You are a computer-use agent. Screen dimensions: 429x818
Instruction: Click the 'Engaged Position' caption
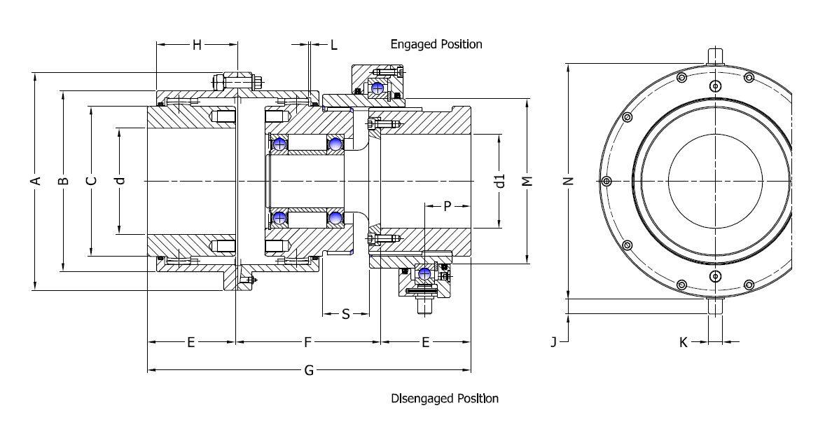(436, 44)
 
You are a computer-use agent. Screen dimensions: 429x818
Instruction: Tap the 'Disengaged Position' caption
(444, 398)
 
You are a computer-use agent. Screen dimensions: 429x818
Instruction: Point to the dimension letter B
(64, 181)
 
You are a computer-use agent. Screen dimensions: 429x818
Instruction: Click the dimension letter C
(91, 181)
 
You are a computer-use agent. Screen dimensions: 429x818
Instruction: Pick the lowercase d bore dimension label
(120, 181)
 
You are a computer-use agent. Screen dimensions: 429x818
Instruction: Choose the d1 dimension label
(499, 181)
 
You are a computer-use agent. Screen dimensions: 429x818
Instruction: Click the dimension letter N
(569, 181)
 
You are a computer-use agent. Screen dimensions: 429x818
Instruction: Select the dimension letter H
(197, 45)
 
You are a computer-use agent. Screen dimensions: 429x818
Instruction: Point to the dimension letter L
(333, 46)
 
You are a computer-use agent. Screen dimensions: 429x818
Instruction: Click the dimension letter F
(307, 342)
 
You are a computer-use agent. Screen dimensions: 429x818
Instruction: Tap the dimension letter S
(345, 315)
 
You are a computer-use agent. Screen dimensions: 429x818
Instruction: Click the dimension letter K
(683, 342)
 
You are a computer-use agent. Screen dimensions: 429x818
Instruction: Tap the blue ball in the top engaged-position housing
(379, 88)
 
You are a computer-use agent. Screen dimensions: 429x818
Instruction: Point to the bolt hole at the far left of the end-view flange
(607, 182)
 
